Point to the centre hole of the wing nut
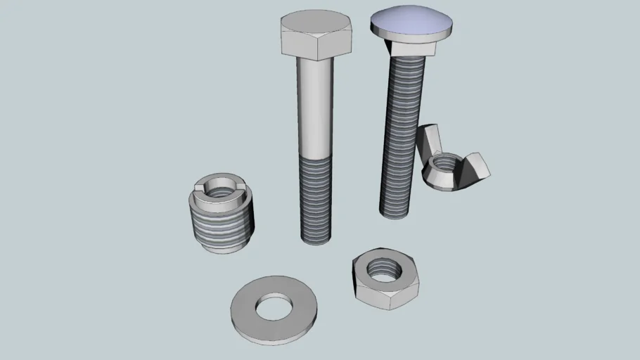(442, 166)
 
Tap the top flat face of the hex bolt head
(316, 22)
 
